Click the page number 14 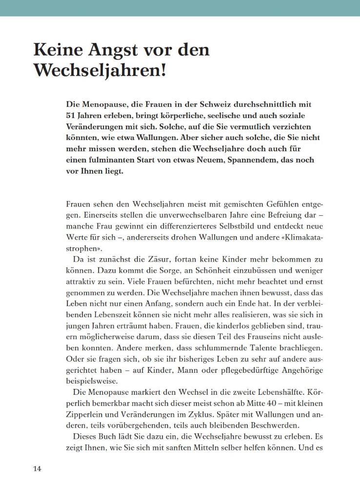38,469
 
